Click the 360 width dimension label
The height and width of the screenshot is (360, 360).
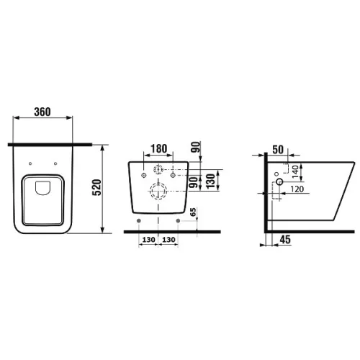pyautogui.click(x=42, y=112)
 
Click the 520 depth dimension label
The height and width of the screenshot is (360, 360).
pyautogui.click(x=97, y=187)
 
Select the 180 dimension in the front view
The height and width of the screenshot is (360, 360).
pyautogui.click(x=158, y=149)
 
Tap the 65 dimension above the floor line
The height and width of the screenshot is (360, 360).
pyautogui.click(x=193, y=212)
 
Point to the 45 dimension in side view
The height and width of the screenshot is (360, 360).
pyautogui.click(x=285, y=240)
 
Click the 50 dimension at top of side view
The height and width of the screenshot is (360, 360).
pyautogui.click(x=278, y=150)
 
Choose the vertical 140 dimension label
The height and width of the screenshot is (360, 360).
pyautogui.click(x=295, y=171)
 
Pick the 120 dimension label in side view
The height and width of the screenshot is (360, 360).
pyautogui.click(x=297, y=189)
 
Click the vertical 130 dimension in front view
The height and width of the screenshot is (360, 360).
pyautogui.click(x=210, y=181)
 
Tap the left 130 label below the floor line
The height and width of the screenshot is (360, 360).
pyautogui.click(x=149, y=240)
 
